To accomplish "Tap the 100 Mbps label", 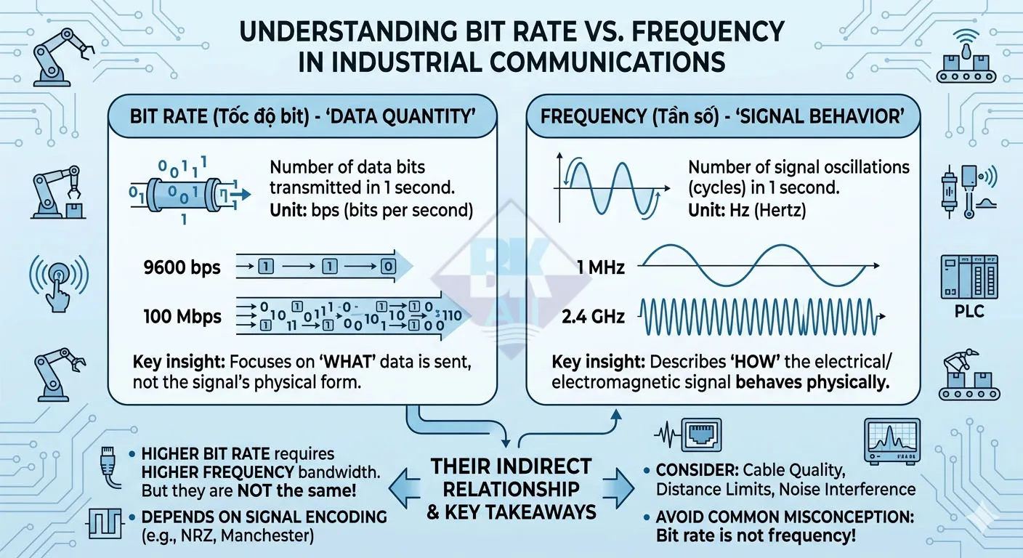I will [x=182, y=316].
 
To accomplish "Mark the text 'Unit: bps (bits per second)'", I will [x=371, y=211].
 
